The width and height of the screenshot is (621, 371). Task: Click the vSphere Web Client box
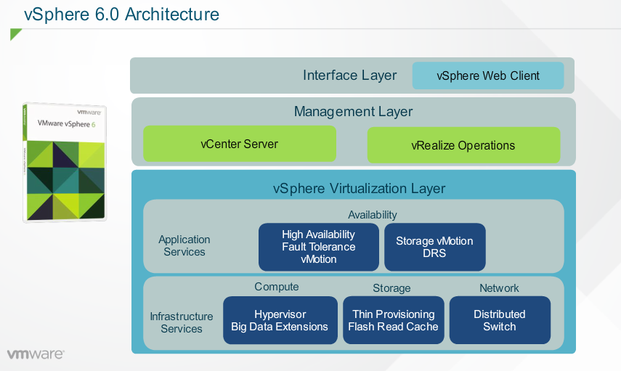point(488,76)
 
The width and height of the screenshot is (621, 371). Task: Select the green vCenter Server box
point(240,144)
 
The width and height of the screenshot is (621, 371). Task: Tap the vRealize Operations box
point(463,145)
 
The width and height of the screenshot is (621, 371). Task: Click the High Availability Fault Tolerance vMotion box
point(318,247)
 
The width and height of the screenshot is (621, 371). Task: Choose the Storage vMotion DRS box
point(434,247)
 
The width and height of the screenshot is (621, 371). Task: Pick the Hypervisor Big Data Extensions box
point(280,320)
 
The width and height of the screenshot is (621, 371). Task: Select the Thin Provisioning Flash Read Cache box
point(393,320)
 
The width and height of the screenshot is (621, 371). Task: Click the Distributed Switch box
point(500,320)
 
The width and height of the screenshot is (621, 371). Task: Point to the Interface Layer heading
point(350,76)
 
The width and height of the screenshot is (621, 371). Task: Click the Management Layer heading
point(353,112)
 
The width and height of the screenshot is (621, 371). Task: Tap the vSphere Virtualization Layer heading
point(359,189)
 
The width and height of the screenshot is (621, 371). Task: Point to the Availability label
point(373,215)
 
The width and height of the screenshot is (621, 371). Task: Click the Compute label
point(277,287)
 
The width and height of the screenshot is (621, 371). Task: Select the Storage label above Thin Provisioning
point(391,288)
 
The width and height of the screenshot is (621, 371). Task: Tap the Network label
point(499,288)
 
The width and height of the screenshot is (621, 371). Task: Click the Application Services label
point(184,245)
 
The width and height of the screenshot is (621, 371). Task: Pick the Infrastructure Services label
point(182,322)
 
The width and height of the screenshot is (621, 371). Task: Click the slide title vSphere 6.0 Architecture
point(121,14)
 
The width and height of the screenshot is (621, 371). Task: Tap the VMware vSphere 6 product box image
point(65,161)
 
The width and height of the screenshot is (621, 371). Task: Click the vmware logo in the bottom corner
point(36,354)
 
